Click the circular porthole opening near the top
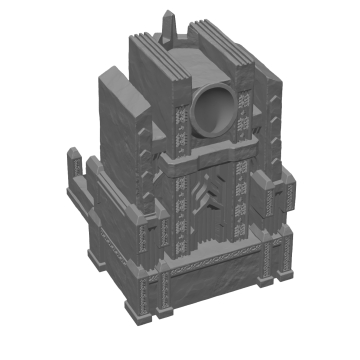(212, 110)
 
